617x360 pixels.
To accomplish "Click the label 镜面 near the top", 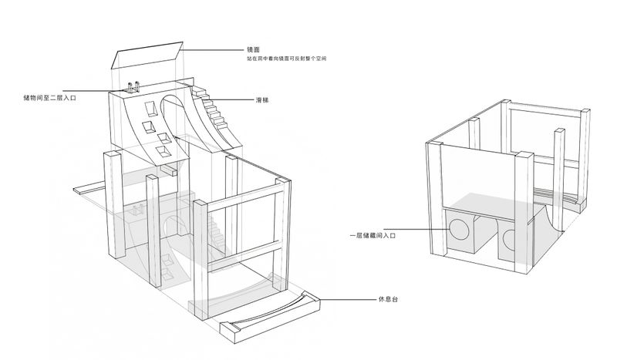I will [252, 49].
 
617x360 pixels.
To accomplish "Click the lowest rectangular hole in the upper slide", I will [164, 152].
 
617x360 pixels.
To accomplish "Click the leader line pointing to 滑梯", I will [234, 99].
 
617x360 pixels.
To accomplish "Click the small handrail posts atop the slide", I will [134, 87].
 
